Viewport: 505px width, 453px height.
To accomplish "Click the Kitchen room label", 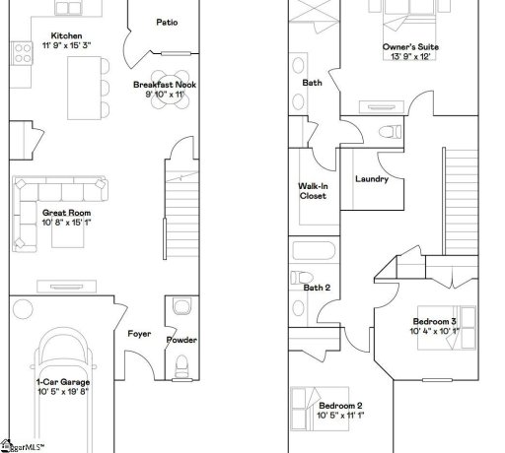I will point(67,36).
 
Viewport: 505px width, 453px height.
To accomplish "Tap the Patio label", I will point(167,23).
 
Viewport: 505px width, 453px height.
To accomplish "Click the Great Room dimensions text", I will point(66,222).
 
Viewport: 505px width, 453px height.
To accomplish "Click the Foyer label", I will point(139,334).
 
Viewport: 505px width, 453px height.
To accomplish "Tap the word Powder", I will point(181,340).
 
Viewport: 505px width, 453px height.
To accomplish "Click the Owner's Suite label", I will point(411,46).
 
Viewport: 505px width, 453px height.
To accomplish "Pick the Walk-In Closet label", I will point(313,190).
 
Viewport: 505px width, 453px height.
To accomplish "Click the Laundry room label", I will point(371,179).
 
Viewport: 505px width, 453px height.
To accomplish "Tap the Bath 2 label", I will point(316,288).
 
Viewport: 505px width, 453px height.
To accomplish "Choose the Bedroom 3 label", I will point(434,322).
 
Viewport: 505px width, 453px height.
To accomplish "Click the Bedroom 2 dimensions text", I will point(340,416).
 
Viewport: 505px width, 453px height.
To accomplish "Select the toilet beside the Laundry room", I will point(389,131).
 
